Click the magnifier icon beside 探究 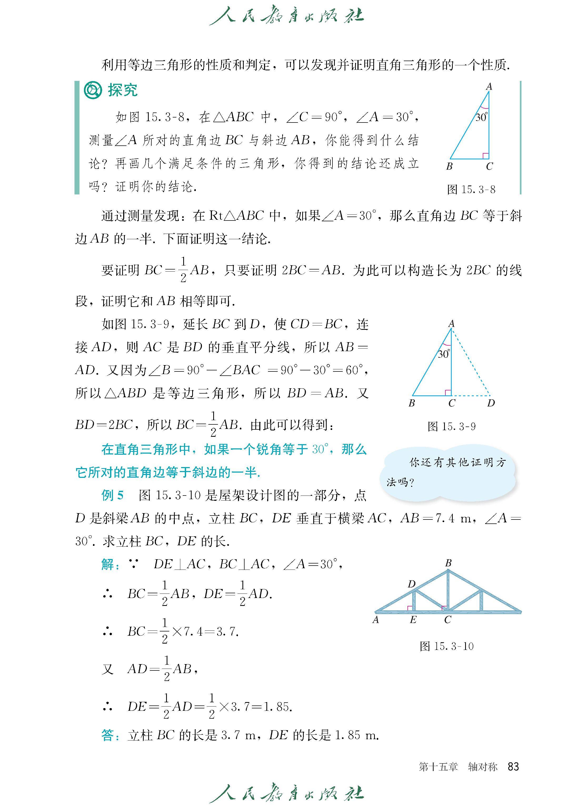[93, 90]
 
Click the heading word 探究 [123, 90]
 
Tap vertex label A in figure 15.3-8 [489, 86]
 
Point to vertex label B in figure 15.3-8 [449, 166]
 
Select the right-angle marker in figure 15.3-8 [485, 155]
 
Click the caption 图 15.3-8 [471, 190]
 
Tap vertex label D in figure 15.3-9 [491, 403]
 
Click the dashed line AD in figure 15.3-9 [471, 361]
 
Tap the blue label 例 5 [112, 495]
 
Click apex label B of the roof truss [448, 563]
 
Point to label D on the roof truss [411, 584]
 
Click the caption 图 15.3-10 [447, 646]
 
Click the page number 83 [513, 766]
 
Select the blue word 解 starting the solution [107, 564]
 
